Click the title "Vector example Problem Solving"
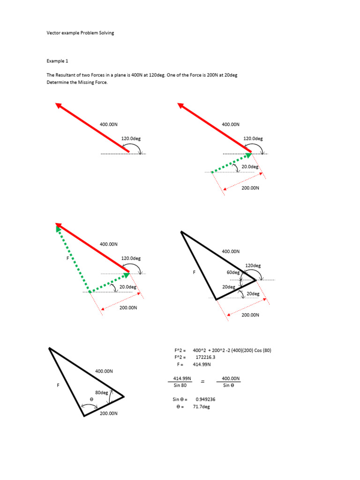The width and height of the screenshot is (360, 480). point(80,33)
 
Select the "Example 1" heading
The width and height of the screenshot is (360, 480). point(57,61)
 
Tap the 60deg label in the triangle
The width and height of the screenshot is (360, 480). point(233,272)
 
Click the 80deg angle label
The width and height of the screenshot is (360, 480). point(102,392)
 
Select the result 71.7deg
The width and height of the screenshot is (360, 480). point(202,407)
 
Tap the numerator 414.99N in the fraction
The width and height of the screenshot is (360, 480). point(181,378)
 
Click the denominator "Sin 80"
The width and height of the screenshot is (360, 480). point(180,385)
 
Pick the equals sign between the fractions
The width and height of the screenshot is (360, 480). point(203,382)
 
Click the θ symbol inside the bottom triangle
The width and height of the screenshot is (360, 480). point(92,399)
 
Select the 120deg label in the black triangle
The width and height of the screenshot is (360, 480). point(253,265)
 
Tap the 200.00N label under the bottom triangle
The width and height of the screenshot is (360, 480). point(108,413)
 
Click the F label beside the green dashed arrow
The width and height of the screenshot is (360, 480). point(67,258)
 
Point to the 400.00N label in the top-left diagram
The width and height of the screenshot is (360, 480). point(109,124)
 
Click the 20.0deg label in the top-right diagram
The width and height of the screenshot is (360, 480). point(250,166)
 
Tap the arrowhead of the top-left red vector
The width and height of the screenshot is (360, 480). point(59,105)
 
